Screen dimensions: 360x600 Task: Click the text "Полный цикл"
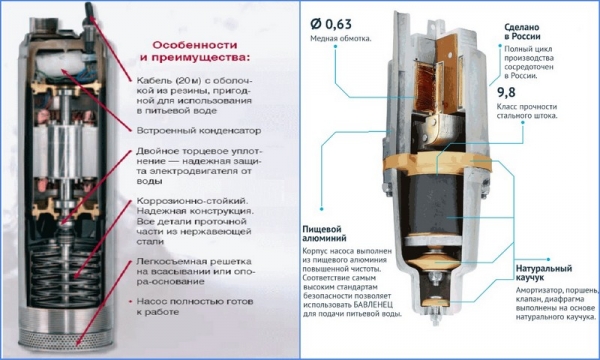[523, 48]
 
